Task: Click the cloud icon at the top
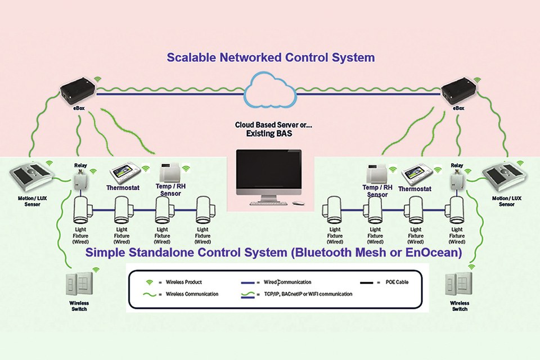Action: (270, 91)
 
